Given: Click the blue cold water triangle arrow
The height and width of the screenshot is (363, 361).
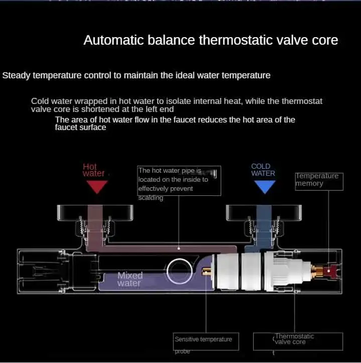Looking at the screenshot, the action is pos(265,187).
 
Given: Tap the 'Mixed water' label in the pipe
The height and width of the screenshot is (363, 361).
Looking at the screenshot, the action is pos(130,279).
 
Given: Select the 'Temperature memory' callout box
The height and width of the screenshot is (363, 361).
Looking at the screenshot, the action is pos(319,180).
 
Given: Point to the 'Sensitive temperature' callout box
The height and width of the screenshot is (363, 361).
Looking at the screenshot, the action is pos(206,340).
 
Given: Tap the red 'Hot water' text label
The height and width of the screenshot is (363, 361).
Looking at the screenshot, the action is pos(93,170).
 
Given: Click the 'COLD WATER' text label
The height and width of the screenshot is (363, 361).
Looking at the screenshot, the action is pos(263,170).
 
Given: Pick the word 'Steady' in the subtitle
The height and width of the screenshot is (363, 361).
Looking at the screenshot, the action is pos(15,76).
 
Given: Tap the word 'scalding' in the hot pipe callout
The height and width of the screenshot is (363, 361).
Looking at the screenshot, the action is pos(151,197).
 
